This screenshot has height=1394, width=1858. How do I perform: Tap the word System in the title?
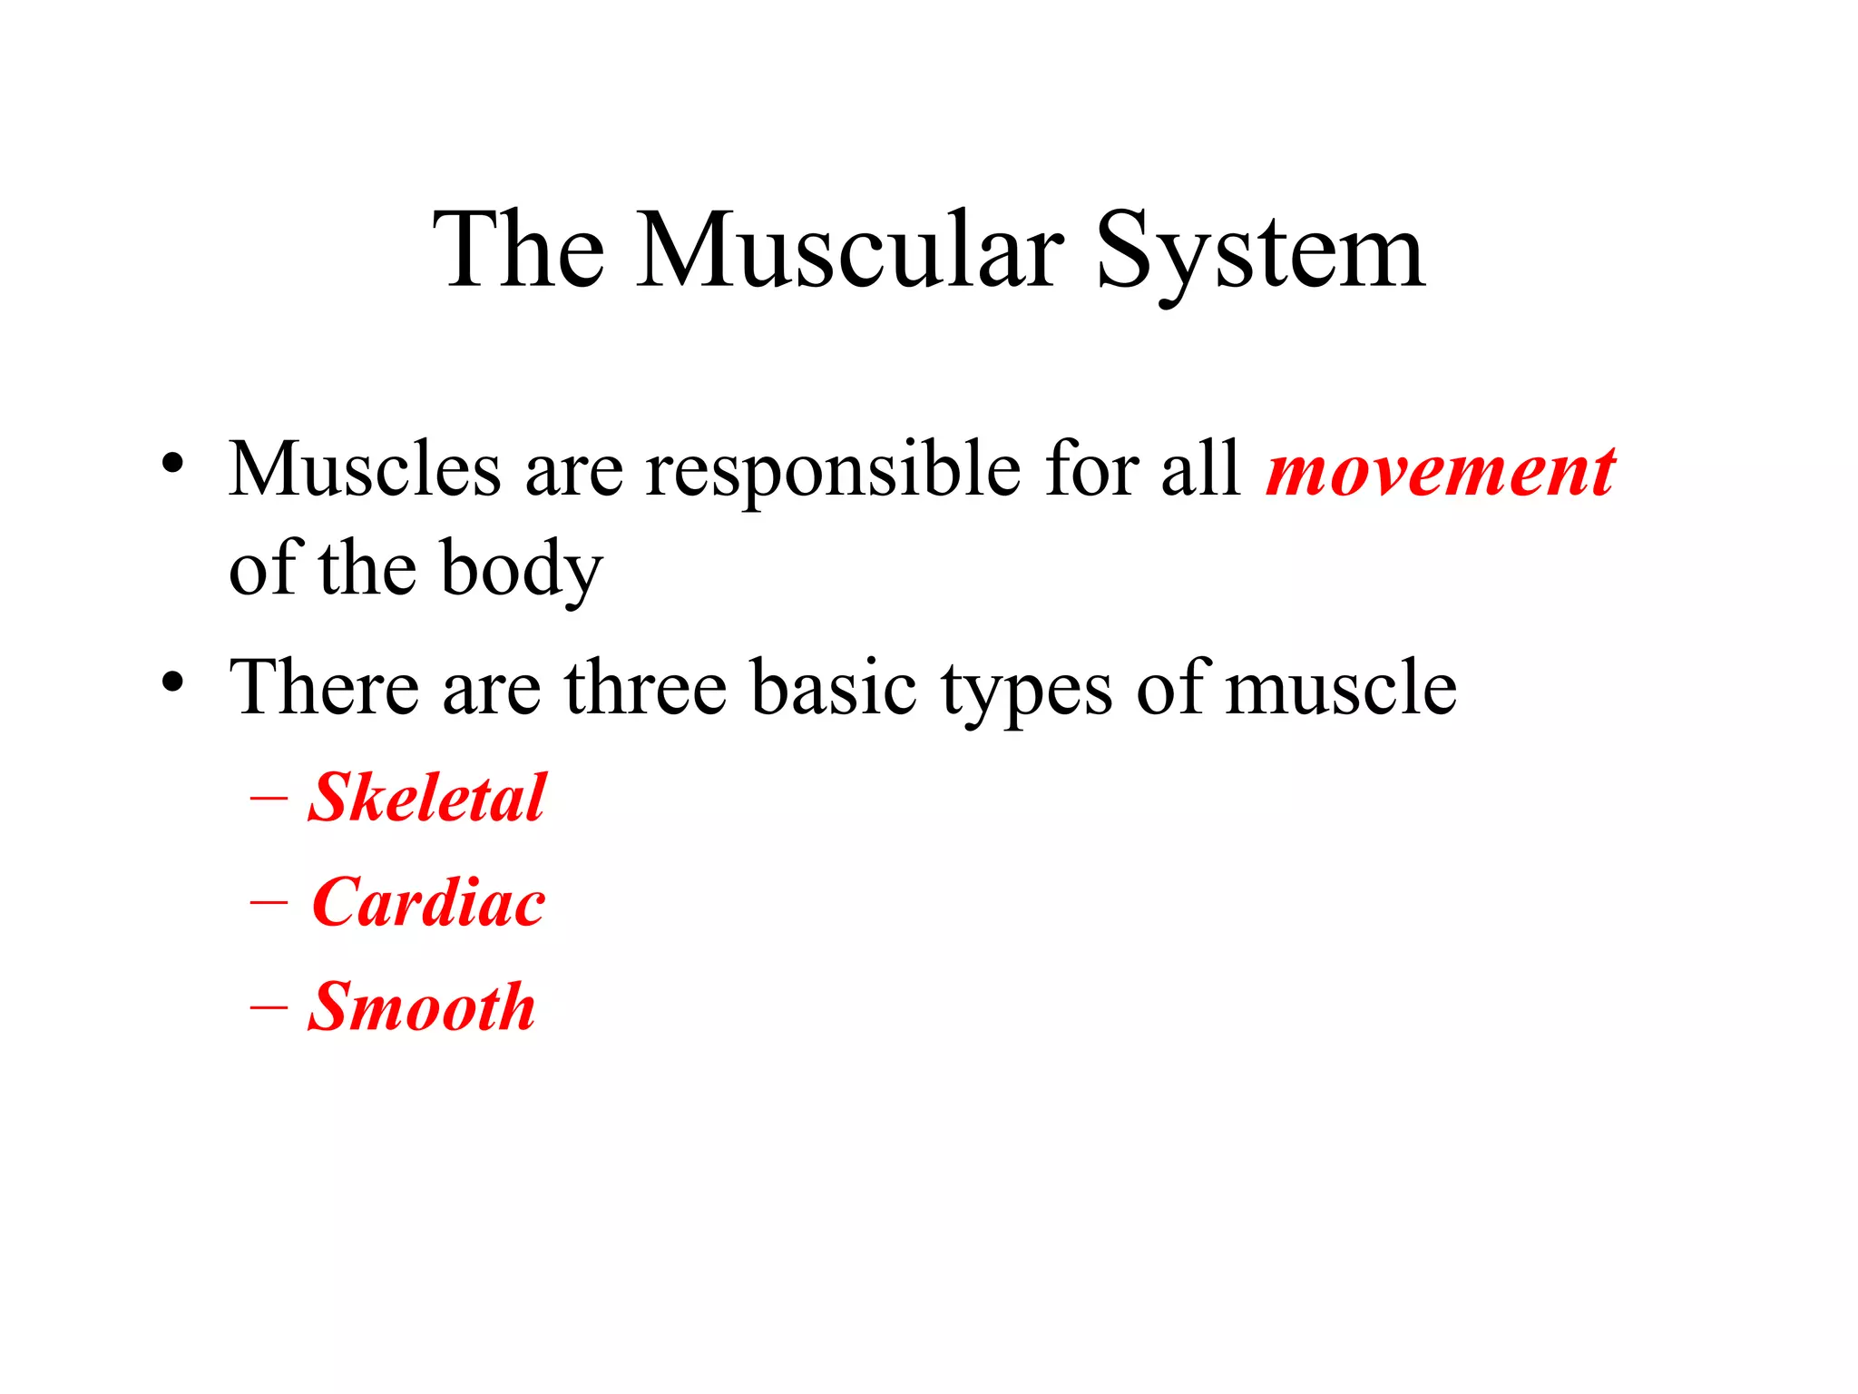[1260, 252]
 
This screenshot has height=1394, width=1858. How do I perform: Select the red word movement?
[1441, 472]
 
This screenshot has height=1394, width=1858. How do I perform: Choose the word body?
[522, 570]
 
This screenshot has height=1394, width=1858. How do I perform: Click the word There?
[324, 687]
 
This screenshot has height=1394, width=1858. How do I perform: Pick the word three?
[645, 687]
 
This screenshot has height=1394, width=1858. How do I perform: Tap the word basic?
[834, 687]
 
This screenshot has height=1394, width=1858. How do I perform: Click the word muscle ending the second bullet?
[1341, 687]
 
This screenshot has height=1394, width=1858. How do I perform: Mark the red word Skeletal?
[427, 798]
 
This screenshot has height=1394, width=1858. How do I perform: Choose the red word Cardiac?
[428, 902]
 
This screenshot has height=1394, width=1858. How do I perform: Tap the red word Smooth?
[422, 1006]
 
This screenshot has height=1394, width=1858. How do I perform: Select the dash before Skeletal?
[269, 800]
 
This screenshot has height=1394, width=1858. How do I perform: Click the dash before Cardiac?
[269, 904]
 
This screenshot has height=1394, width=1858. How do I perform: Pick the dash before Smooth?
[269, 1008]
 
